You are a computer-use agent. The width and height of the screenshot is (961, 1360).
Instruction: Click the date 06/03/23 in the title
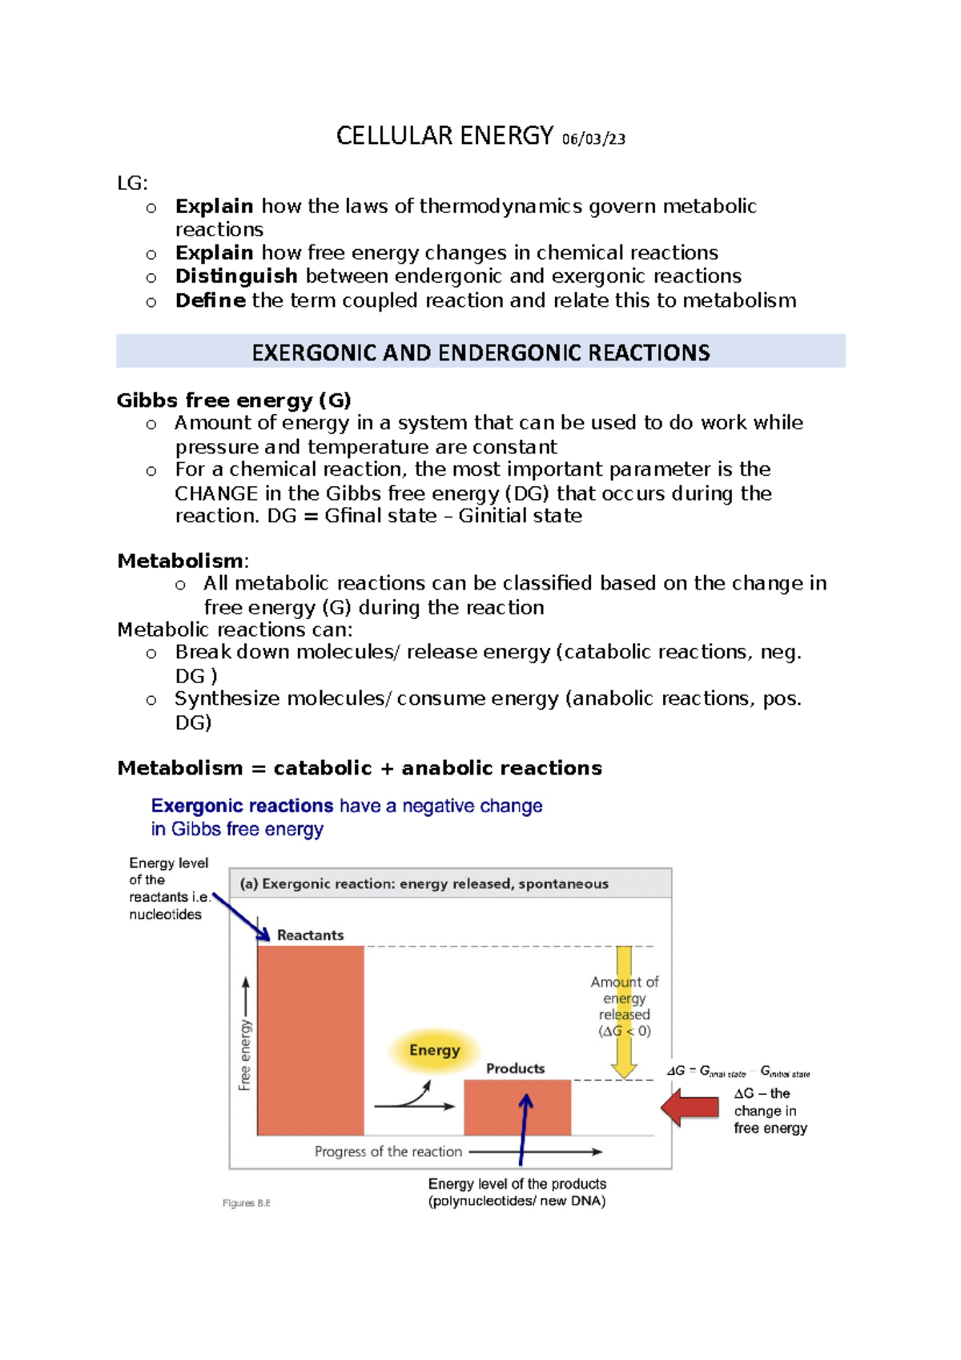[593, 139]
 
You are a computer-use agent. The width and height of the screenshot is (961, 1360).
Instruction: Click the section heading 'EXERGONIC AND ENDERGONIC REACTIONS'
[480, 352]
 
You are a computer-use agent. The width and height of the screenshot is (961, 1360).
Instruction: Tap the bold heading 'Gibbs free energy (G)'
[234, 400]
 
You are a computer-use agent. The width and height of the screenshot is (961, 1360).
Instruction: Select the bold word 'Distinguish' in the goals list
[236, 276]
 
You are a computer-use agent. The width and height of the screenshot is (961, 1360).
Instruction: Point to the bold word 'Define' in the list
[210, 300]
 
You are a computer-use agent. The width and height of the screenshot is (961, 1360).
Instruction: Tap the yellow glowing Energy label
[435, 1050]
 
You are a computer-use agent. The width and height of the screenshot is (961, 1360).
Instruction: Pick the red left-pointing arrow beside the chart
[690, 1107]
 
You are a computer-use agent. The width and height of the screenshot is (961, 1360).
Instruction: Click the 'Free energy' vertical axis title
[245, 1054]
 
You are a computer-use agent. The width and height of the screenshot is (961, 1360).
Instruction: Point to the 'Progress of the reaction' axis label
[388, 1152]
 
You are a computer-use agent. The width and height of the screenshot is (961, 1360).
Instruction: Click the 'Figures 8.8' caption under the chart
[246, 1203]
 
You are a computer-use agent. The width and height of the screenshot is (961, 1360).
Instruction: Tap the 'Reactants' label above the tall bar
[310, 935]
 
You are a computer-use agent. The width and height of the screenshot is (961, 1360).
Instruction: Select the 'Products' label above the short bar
[515, 1068]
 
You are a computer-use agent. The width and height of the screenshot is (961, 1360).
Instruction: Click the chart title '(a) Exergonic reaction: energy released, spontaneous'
[424, 883]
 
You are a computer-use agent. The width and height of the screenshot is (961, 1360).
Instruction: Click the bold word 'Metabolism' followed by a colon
[180, 561]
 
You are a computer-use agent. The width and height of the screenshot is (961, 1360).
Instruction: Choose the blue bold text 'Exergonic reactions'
[242, 806]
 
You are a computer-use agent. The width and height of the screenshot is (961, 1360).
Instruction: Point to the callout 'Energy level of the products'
[517, 1184]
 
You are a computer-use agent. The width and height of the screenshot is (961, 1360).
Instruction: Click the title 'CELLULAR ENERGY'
[444, 136]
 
